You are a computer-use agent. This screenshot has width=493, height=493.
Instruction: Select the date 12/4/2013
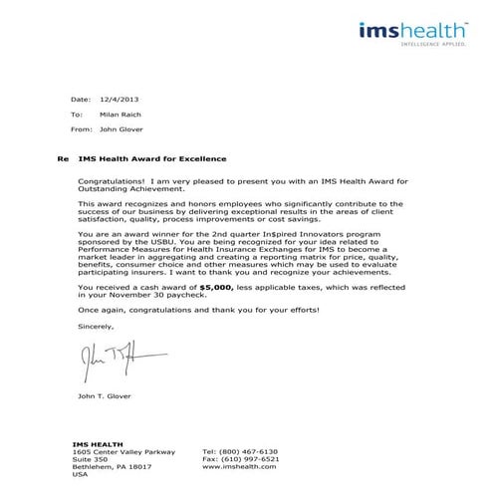tap(120, 101)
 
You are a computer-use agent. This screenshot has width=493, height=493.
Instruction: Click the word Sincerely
tap(96, 326)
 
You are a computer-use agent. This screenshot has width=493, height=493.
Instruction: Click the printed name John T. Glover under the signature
tap(104, 397)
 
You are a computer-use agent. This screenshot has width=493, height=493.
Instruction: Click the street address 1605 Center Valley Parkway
tap(117, 451)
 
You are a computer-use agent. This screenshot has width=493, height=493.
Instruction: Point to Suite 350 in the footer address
tap(89, 458)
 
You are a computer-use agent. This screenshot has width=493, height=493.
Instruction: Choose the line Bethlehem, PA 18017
tap(112, 466)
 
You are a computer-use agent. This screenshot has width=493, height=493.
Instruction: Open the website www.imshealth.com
tap(240, 466)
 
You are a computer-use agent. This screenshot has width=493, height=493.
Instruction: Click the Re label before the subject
tap(63, 159)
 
